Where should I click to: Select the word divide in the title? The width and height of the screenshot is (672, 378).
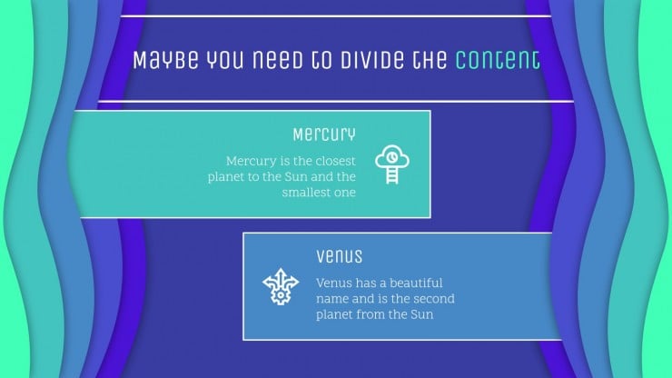pyautogui.click(x=371, y=59)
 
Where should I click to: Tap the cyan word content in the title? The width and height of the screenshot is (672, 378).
pyautogui.click(x=497, y=59)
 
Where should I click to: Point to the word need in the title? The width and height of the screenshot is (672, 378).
pyautogui.click(x=277, y=59)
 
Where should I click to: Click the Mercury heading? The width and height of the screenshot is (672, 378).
pyautogui.click(x=324, y=134)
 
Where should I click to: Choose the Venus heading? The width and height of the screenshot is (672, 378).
pyautogui.click(x=339, y=256)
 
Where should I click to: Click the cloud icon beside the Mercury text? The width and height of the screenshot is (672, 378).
pyautogui.click(x=392, y=156)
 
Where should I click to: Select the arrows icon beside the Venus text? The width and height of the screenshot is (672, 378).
pyautogui.click(x=281, y=286)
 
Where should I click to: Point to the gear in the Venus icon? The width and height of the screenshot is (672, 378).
pyautogui.click(x=281, y=295)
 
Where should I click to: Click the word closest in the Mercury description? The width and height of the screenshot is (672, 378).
pyautogui.click(x=335, y=161)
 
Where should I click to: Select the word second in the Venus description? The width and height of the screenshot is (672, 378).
pyautogui.click(x=435, y=299)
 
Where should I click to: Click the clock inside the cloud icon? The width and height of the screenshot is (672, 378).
pyautogui.click(x=391, y=157)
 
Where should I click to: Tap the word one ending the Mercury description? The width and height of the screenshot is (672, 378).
pyautogui.click(x=345, y=193)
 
